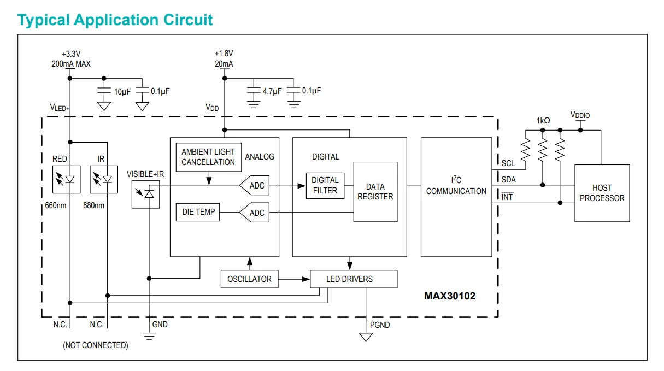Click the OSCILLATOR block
pos(250,279)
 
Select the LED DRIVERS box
pos(354,279)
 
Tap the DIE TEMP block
pos(198,212)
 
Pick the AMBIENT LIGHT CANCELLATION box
pos(209,157)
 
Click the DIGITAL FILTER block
pos(325,186)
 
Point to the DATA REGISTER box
pos(375,192)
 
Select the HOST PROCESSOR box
pos(602,193)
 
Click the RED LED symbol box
pos(67,180)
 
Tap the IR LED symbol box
pos(104,180)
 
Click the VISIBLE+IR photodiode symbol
pos(145,195)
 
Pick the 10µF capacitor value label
pos(122,92)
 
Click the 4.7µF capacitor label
pos(272,91)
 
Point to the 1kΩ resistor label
pos(543,121)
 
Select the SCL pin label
pos(508,163)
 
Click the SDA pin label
pos(509,180)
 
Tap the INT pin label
pos(507,197)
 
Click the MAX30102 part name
pos(450,296)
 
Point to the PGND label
pos(380,325)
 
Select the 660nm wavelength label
pos(56,205)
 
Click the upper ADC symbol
pos(254,186)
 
